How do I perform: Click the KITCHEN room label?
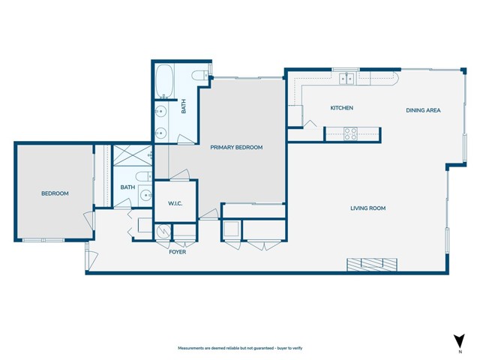coord(342,108)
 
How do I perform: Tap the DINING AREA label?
coord(423,110)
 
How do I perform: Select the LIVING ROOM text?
coord(367,208)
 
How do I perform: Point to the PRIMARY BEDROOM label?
coord(236,148)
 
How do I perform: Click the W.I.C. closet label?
coord(175,202)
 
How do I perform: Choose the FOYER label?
coord(177,252)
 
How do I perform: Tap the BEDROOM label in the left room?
coord(55,193)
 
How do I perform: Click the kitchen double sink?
coord(346,77)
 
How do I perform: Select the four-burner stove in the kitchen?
coord(350,133)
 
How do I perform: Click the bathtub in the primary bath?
coord(165,79)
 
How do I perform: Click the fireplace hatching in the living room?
coord(373,263)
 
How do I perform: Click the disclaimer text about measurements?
coord(240,349)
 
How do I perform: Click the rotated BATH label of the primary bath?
coord(183,107)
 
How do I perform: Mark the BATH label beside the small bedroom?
coord(128,187)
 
